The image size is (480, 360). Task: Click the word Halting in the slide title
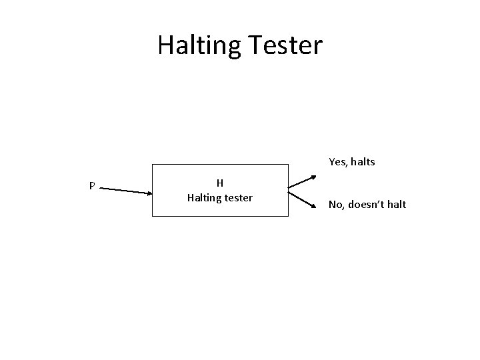click(199, 45)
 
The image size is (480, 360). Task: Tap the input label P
click(92, 186)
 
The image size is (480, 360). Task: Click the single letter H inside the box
click(219, 183)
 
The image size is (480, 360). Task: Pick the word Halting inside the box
click(205, 197)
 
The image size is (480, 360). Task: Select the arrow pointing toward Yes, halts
click(303, 182)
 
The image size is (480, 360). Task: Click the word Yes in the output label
click(337, 161)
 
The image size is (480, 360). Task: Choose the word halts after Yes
click(363, 161)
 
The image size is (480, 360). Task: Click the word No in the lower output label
click(336, 204)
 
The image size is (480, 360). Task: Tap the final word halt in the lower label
click(397, 204)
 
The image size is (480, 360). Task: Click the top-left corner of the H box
click(153, 164)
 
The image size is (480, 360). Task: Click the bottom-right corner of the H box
click(288, 216)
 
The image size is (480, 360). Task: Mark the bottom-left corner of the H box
click(153, 216)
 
